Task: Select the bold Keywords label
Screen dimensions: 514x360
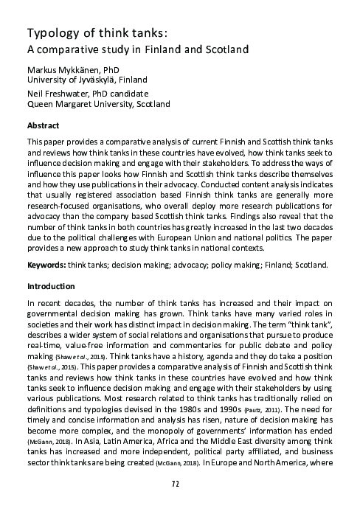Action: [x=46, y=264]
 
